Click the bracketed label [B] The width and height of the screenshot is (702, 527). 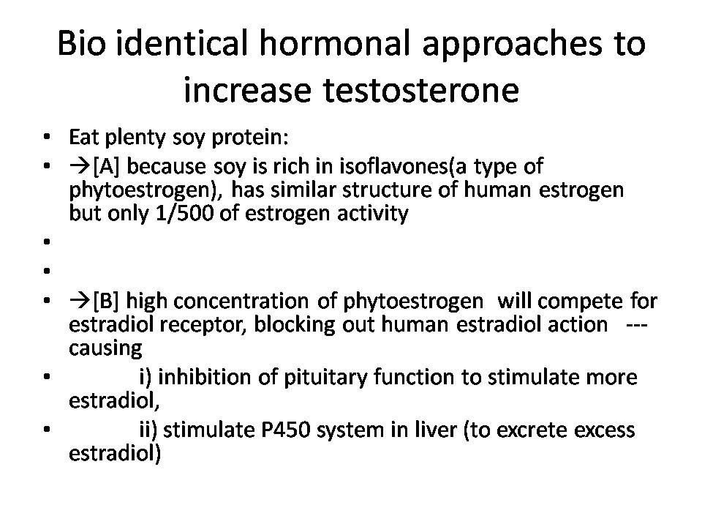tap(105, 301)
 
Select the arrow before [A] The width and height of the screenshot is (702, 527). tap(80, 167)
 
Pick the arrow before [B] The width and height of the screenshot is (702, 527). tap(80, 301)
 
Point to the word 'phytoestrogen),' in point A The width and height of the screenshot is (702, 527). tap(146, 190)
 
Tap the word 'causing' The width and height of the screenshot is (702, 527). tap(105, 348)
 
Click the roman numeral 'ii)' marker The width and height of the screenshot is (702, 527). tap(148, 430)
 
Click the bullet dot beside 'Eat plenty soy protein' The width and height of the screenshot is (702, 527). tap(47, 137)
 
